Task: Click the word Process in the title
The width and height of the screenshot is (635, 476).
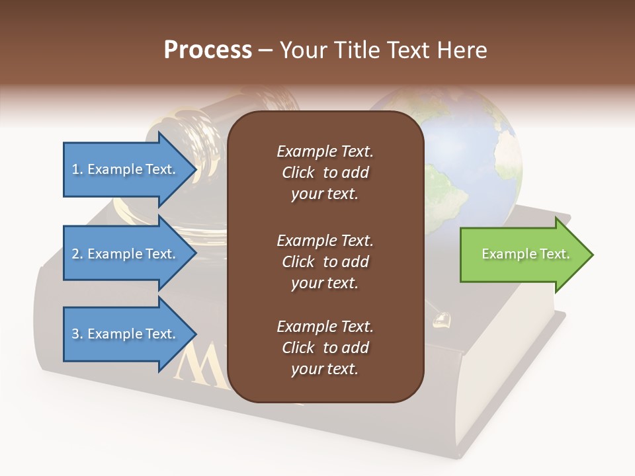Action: [x=208, y=50]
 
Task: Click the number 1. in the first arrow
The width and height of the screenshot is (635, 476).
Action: [x=77, y=169]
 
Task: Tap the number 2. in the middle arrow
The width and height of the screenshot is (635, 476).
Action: [x=77, y=254]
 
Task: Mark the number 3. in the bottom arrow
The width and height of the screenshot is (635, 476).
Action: [x=77, y=334]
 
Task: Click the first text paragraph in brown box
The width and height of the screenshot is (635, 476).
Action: [x=325, y=173]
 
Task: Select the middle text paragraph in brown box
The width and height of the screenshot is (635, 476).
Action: [x=325, y=261]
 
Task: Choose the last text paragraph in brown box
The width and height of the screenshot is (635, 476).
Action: [x=325, y=348]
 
